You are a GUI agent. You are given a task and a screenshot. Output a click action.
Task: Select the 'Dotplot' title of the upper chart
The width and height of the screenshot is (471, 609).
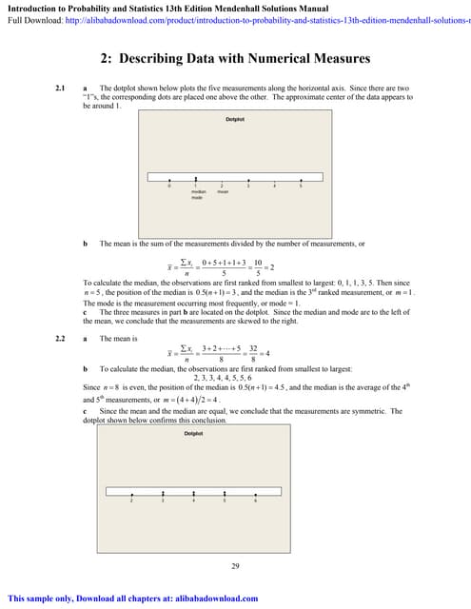coord(234,119)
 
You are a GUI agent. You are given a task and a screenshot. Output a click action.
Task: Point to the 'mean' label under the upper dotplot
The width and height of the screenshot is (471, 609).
coord(223,191)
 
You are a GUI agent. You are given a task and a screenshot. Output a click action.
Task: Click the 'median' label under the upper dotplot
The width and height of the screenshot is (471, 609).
coord(197,191)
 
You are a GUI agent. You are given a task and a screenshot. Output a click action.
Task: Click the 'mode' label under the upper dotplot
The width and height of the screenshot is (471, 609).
coord(197,198)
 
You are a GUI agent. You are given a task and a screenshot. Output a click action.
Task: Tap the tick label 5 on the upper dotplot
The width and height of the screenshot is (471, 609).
coord(301,186)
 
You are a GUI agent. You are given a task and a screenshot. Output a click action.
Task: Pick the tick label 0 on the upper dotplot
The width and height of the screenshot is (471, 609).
coord(169,186)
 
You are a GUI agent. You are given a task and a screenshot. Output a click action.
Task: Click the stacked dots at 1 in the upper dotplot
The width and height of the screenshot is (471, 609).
coord(196,178)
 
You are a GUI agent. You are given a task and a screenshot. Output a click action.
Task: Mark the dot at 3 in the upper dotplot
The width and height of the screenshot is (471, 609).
coord(248,179)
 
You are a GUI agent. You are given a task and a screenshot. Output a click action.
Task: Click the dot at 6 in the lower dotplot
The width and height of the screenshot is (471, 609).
coord(255,494)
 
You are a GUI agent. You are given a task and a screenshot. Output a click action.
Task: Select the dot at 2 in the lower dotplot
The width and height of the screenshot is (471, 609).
coord(131,494)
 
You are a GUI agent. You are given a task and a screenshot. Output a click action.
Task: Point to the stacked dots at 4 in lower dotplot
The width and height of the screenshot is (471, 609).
coord(193,493)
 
